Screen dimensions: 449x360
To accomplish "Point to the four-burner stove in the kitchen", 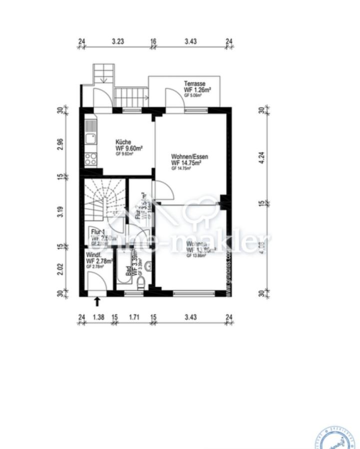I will [x=90, y=159].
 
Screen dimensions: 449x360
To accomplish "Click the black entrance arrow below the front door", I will [x=97, y=301].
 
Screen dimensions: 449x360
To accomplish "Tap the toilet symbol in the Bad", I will [x=141, y=283].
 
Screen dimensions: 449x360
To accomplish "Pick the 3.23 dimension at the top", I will [x=117, y=42].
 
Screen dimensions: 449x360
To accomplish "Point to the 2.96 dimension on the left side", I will [x=60, y=144].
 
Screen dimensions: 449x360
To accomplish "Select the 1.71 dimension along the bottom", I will [x=134, y=317].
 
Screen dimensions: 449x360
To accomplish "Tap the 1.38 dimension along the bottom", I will [x=98, y=317].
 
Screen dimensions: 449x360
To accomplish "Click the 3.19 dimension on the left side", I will [x=60, y=212].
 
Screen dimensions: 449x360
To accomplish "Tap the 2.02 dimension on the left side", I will [x=60, y=269].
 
